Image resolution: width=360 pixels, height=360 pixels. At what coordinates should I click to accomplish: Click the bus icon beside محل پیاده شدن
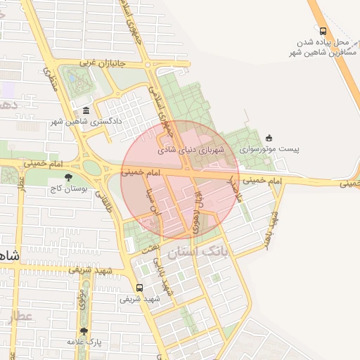(x=323, y=31)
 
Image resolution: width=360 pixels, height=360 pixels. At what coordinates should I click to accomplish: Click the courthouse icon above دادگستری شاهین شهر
(x=86, y=110)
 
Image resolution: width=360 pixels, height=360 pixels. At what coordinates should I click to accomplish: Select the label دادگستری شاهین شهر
(x=86, y=122)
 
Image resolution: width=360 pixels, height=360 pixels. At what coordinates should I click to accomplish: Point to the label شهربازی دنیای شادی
(x=191, y=149)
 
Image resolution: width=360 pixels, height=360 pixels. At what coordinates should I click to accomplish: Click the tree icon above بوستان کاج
(x=68, y=178)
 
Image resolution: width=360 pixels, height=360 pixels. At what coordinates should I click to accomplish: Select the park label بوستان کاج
(x=68, y=189)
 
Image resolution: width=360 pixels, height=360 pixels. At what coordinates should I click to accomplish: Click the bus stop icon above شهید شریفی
(x=139, y=288)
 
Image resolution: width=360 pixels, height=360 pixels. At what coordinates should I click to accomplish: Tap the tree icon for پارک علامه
(x=84, y=331)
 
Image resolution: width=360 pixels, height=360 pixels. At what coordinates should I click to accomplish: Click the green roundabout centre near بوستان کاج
(x=91, y=167)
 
